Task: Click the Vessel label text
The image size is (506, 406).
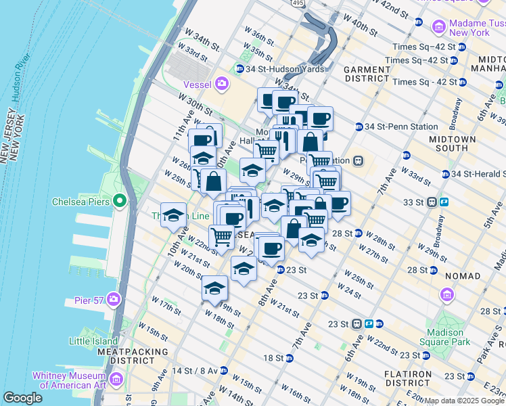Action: [x=198, y=85]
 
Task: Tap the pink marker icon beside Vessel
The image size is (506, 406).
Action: [x=222, y=85]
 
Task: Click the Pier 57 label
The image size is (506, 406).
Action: [x=87, y=298]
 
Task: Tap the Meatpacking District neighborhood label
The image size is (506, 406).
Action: [x=132, y=357]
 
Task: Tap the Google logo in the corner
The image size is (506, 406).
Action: [x=22, y=398]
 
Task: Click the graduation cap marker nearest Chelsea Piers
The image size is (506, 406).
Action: [x=173, y=215]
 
